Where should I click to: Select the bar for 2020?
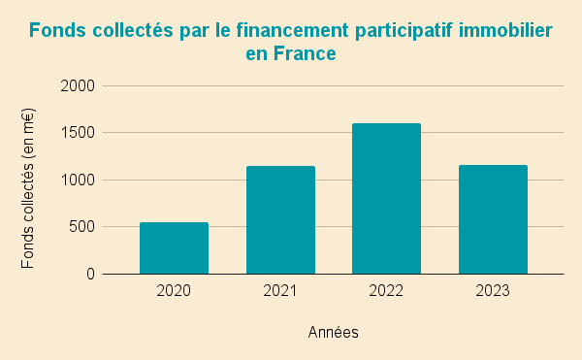tap(174, 248)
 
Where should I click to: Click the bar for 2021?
tap(280, 220)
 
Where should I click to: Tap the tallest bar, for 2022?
tap(386, 199)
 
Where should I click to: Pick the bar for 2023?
tap(493, 219)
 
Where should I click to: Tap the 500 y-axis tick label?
tap(82, 227)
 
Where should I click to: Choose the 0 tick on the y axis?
tap(90, 274)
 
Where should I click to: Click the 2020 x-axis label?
tap(174, 290)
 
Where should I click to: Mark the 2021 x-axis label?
tap(280, 290)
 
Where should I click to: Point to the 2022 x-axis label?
tap(386, 290)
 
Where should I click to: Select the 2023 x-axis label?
tap(493, 290)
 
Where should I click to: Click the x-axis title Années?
tap(334, 332)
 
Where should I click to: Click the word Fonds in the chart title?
tap(57, 30)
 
